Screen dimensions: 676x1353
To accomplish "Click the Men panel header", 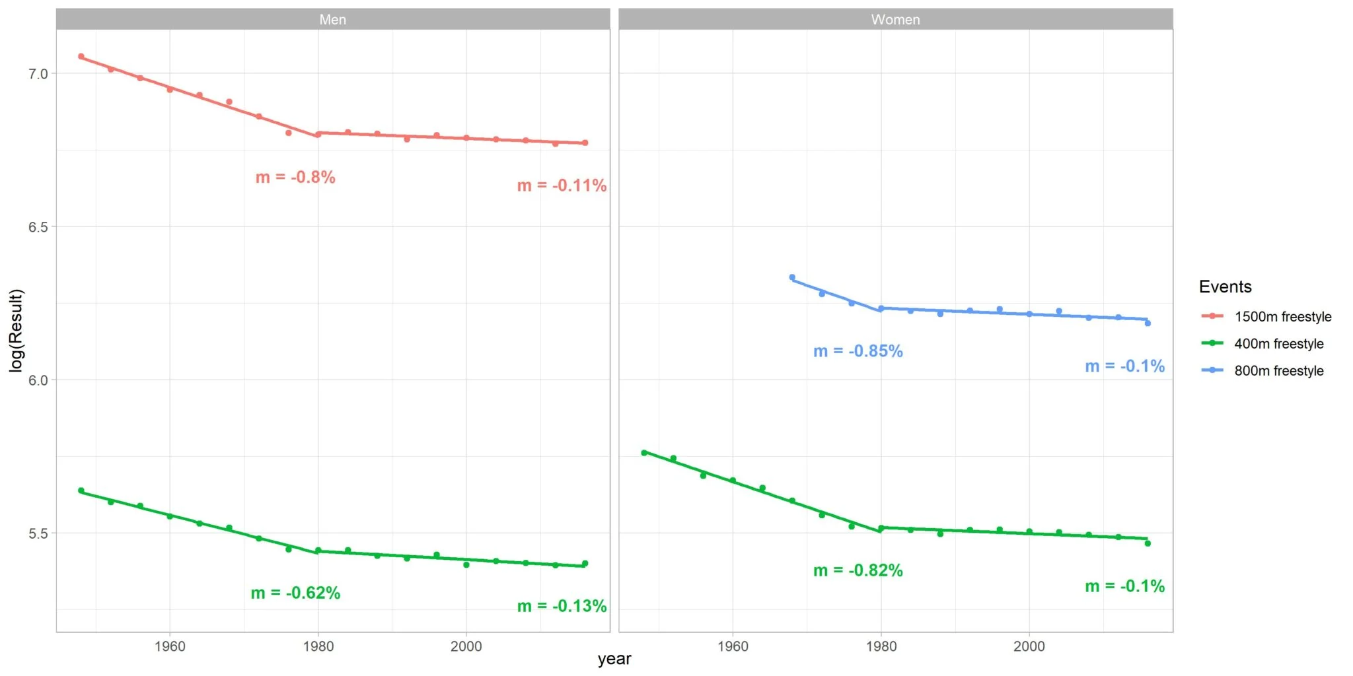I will pos(332,19).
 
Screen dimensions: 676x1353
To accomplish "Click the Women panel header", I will pos(895,19).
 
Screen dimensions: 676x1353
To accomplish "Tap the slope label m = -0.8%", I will pos(295,177).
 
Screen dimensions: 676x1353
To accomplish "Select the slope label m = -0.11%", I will pos(562,186).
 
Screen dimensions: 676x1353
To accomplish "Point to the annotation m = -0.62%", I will pos(295,593).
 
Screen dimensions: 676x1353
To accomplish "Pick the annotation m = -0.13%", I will pos(562,606).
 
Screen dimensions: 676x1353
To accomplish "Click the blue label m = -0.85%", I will pos(858,351).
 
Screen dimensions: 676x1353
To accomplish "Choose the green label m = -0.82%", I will pos(858,570).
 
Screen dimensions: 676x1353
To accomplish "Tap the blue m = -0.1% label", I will pos(1124,366).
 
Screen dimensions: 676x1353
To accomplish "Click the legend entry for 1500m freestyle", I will pos(1282,317).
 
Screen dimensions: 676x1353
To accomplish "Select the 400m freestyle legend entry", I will pos(1278,344).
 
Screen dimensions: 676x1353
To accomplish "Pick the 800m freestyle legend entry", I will pos(1278,371).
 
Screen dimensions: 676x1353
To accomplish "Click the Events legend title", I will pos(1225,287).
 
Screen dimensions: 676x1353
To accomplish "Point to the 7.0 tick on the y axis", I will pos(38,74).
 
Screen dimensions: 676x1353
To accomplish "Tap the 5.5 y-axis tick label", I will pos(38,533).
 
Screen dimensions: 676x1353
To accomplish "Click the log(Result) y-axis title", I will pos(16,330).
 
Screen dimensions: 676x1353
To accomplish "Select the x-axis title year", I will pos(614,659).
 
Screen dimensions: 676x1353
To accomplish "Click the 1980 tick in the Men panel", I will pos(318,646).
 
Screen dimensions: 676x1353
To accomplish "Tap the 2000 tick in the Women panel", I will pos(1029,646).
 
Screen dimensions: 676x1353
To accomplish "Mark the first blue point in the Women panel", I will pos(792,277).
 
